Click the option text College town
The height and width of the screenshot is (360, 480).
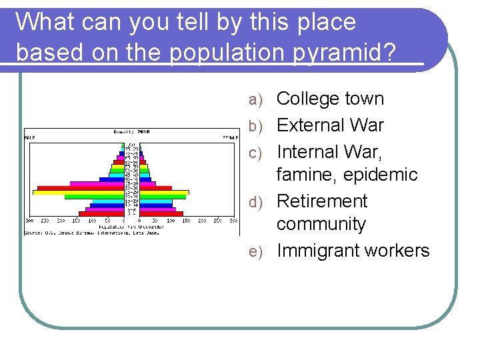[x=330, y=99]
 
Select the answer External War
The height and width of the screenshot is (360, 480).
[x=330, y=125]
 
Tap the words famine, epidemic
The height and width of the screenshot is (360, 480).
[x=347, y=175]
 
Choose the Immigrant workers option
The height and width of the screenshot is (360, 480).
[x=353, y=251]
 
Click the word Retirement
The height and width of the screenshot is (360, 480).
[x=321, y=201]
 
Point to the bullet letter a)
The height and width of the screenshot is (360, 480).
[x=257, y=99]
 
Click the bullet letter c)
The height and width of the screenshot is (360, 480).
[x=257, y=153]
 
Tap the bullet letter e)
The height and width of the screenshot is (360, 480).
[x=257, y=251]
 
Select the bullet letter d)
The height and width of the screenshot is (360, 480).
[x=257, y=202]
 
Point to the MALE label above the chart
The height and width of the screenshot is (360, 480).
[x=29, y=137]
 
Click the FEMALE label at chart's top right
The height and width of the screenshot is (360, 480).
[x=230, y=137]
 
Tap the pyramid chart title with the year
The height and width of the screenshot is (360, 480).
[x=131, y=132]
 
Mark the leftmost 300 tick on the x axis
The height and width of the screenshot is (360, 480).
[x=29, y=220]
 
